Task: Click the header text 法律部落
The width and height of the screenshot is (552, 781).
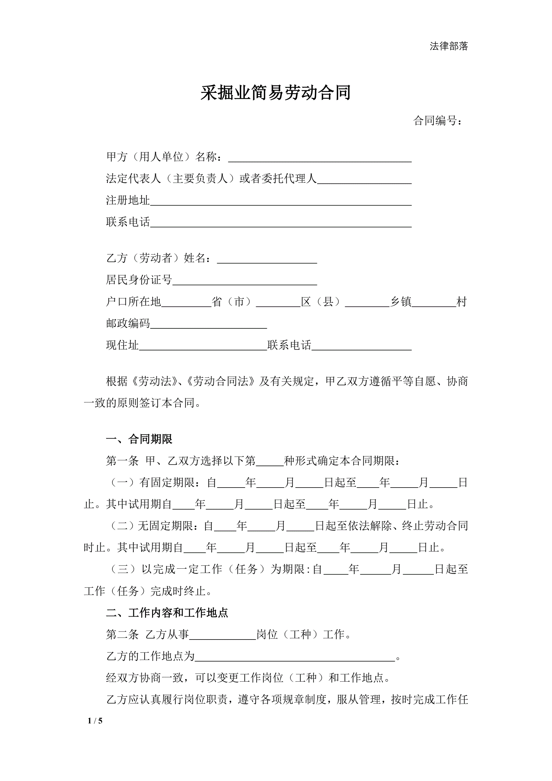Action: (x=448, y=46)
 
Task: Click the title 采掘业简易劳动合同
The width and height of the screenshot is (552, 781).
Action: (x=275, y=93)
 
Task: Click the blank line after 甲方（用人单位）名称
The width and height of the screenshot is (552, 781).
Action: (x=319, y=158)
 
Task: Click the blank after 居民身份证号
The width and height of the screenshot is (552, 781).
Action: (x=245, y=281)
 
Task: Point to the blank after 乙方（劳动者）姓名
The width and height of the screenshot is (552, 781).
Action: (x=267, y=259)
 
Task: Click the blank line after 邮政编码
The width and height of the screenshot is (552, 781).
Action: (x=208, y=324)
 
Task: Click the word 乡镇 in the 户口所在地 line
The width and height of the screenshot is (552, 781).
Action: (x=400, y=302)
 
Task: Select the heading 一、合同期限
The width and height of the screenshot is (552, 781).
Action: (x=139, y=439)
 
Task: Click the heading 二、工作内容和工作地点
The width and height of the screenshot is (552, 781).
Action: (x=167, y=613)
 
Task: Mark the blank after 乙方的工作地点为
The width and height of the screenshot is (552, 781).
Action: (x=295, y=657)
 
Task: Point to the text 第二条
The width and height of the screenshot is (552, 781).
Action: (x=122, y=635)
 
